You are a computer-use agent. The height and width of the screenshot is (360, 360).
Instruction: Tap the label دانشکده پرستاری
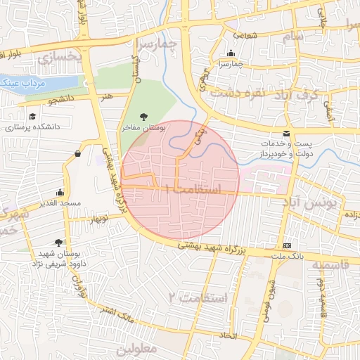(x=33, y=128)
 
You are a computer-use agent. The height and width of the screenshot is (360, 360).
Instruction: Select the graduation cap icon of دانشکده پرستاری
(x=32, y=117)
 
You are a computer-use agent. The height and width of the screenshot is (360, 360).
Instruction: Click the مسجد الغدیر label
(x=61, y=202)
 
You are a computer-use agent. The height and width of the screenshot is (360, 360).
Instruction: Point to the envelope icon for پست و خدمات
(x=285, y=134)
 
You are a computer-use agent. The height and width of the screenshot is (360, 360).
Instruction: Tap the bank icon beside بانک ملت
(x=286, y=245)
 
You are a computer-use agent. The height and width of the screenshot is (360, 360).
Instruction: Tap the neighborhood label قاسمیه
(x=330, y=265)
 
